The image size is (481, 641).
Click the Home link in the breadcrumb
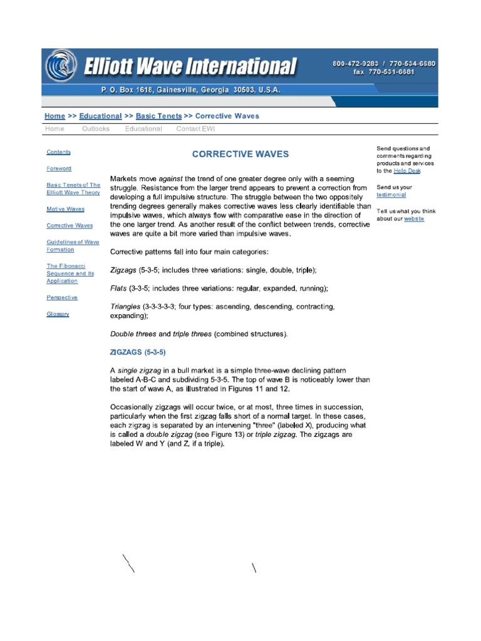pos(54,116)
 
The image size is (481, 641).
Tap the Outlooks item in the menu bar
pos(95,129)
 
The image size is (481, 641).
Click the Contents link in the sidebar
pos(58,152)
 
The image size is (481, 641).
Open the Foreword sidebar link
pos(59,168)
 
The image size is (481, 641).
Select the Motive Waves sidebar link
pos(65,209)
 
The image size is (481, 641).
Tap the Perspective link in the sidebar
pos(62,298)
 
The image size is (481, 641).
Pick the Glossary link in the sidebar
pos(58,314)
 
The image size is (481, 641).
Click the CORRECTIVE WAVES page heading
pos(240,154)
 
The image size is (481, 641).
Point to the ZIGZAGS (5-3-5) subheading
pos(138,352)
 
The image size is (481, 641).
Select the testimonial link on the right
pos(391,195)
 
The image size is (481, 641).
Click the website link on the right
pos(414,219)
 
